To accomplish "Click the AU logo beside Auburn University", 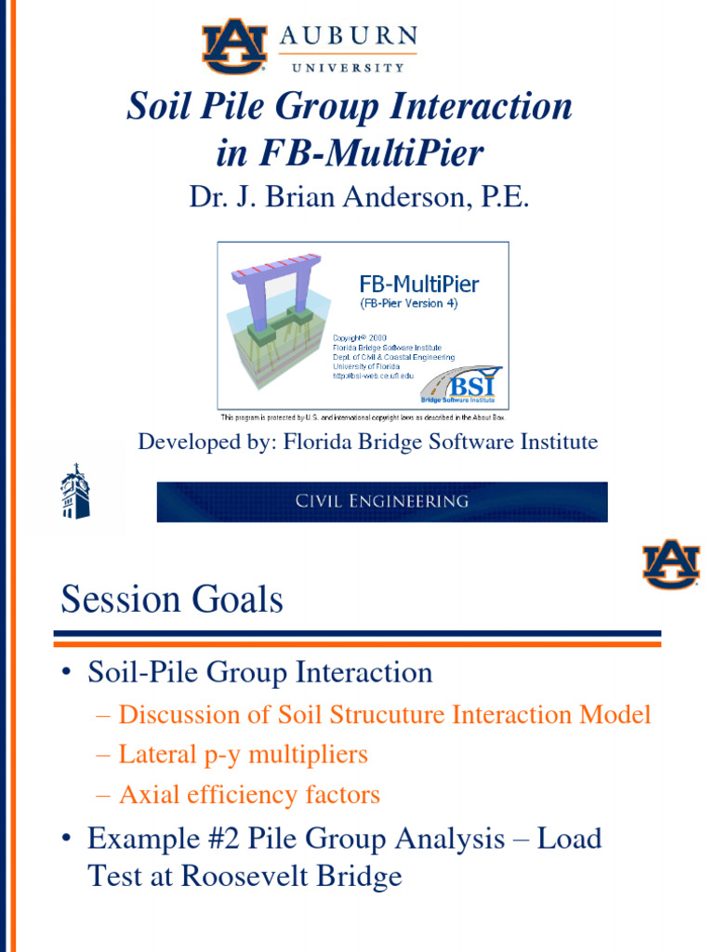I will pyautogui.click(x=234, y=46).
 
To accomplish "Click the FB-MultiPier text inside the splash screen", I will pyautogui.click(x=418, y=284).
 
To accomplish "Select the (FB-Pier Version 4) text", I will pyautogui.click(x=409, y=304).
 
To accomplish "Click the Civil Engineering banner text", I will pyautogui.click(x=382, y=501).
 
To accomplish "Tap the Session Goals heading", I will pyautogui.click(x=172, y=601).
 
